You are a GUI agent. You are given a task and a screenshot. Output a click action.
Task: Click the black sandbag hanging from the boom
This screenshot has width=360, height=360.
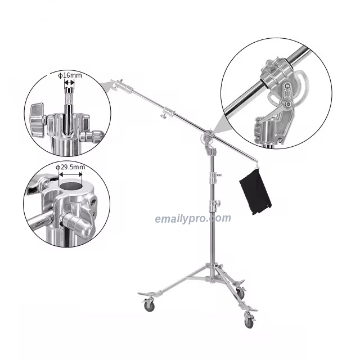255,193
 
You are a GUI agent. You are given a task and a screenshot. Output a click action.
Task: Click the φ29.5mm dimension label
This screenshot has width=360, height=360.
70,167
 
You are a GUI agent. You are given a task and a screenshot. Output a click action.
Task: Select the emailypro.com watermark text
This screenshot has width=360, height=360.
193,218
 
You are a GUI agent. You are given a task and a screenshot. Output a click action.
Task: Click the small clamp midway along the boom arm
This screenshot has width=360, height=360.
164,115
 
